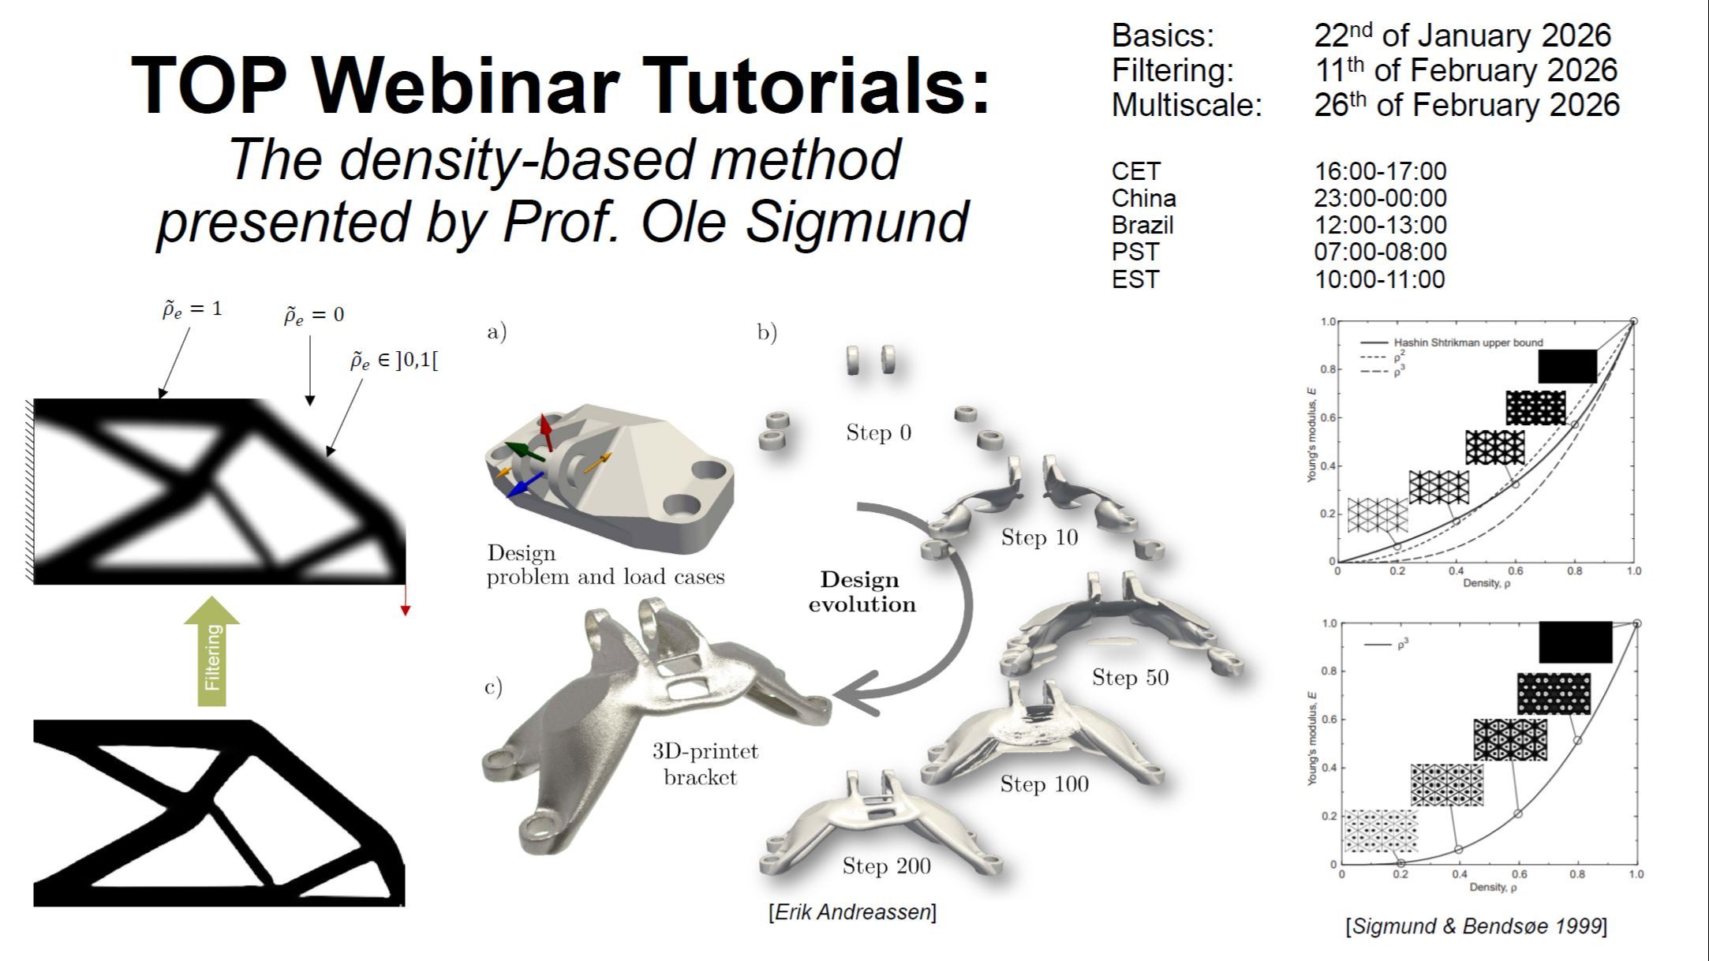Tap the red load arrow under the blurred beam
coord(406,600)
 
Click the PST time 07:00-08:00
coord(1380,252)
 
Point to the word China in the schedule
coord(1143,198)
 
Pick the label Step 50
coord(1130,677)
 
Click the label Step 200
coord(886,866)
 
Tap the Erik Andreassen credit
coord(852,912)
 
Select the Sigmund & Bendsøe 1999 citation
coord(1476,926)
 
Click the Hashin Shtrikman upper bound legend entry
coord(1468,342)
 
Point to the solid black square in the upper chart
coord(1568,366)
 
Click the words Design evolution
coord(862,592)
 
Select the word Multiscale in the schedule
coord(1187,105)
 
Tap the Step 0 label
coord(878,432)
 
